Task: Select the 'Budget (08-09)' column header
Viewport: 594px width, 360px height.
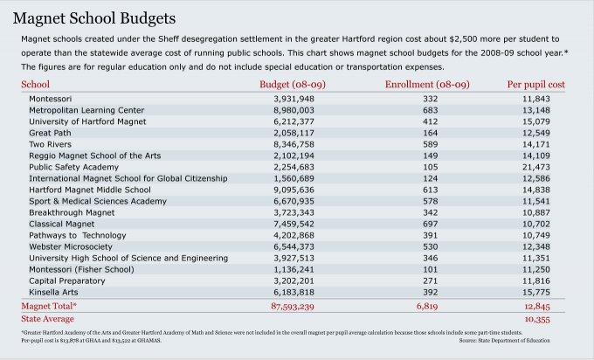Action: tap(294, 84)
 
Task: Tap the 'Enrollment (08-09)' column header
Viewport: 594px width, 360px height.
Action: tap(427, 84)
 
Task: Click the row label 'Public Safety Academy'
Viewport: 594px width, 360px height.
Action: tap(73, 167)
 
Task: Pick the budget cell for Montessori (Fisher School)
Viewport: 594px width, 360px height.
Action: tap(294, 269)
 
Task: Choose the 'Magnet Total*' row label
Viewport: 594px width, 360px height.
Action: tap(49, 307)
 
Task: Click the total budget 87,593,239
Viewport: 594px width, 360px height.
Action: tap(294, 307)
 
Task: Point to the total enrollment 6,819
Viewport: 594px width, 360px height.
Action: tap(427, 307)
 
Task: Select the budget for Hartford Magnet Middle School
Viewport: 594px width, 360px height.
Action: tap(294, 190)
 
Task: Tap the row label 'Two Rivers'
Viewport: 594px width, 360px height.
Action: tap(50, 144)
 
